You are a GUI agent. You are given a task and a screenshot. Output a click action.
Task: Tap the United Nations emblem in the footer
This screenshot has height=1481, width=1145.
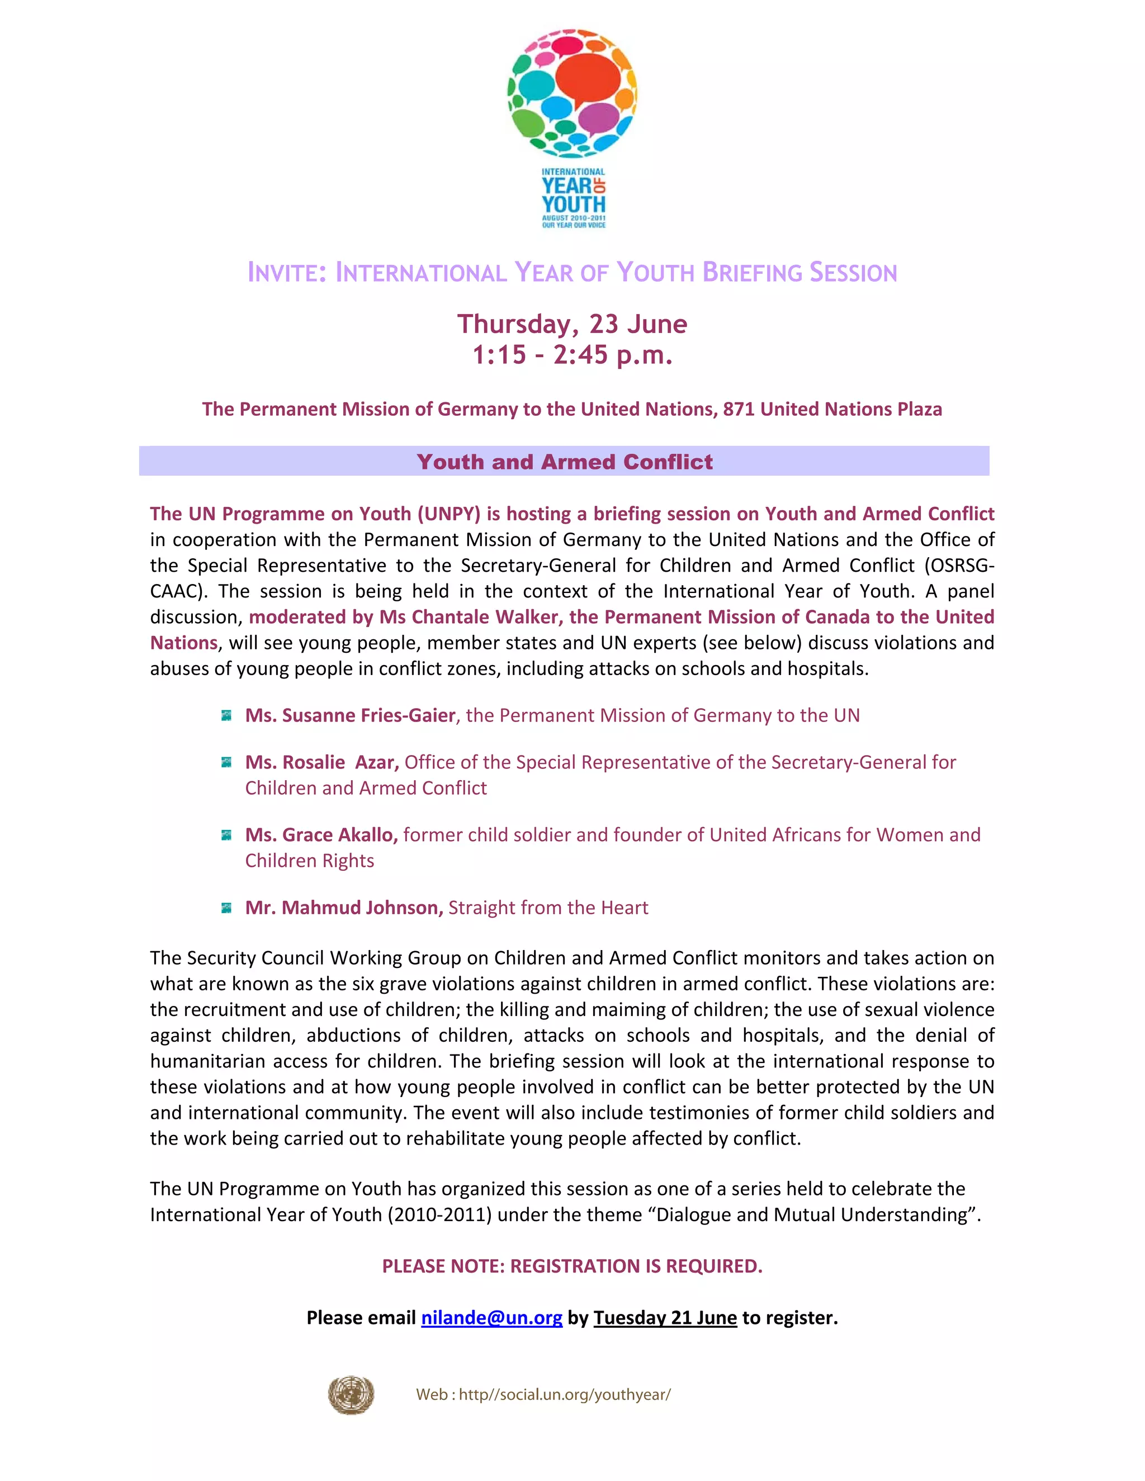[x=351, y=1394]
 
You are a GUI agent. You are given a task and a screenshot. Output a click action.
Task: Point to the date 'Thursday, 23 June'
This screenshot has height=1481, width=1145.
[x=572, y=324]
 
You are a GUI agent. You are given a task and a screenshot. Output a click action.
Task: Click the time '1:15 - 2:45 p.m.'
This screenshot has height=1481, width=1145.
[x=572, y=354]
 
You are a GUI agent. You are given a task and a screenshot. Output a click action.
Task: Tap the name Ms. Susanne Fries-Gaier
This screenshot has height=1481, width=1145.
[x=350, y=715]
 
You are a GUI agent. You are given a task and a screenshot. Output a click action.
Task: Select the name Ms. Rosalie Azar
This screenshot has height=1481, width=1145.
[x=321, y=762]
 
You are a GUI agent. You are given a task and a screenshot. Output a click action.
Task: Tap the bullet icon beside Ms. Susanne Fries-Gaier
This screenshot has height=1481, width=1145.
[x=226, y=715]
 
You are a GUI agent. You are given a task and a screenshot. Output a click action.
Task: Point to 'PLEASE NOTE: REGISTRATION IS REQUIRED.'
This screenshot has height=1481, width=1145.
[x=572, y=1266]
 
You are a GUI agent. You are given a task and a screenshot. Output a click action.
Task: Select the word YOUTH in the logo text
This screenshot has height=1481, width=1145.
[x=573, y=203]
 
